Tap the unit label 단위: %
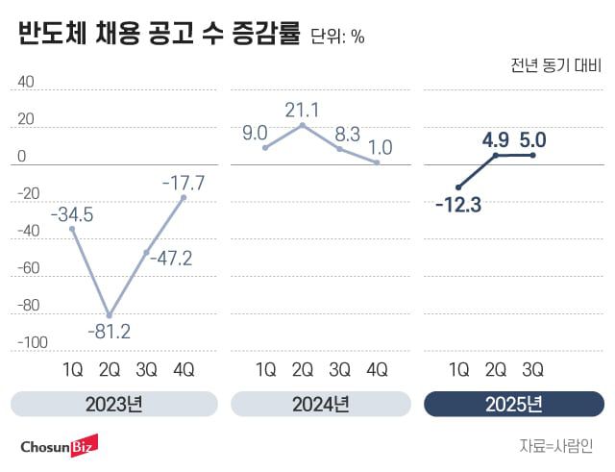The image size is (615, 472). [x=337, y=37]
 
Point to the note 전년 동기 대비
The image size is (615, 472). [x=556, y=67]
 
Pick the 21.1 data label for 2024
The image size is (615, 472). [x=302, y=109]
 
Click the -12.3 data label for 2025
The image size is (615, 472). [x=459, y=204]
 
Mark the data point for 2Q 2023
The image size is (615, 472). [x=110, y=315]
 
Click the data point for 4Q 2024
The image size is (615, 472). [x=378, y=162]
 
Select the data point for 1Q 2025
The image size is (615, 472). [x=458, y=186]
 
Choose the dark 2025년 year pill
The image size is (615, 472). [x=514, y=404]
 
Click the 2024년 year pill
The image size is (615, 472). [x=320, y=404]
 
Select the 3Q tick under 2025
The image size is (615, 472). [x=532, y=369]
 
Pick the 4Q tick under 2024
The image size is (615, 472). [x=378, y=369]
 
